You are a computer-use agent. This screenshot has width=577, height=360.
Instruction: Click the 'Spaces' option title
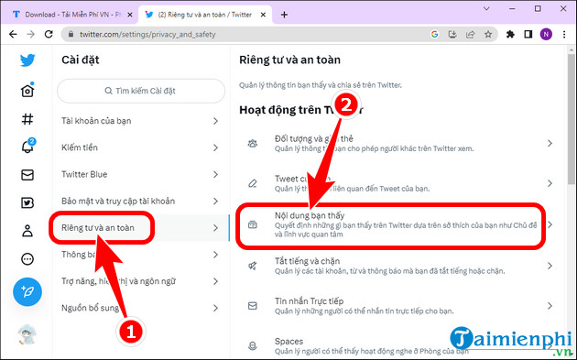click(290, 341)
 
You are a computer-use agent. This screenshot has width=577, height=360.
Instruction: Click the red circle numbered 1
click(130, 332)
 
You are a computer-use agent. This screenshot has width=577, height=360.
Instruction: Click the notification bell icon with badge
click(27, 147)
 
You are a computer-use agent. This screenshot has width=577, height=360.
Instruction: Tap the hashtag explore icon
click(27, 118)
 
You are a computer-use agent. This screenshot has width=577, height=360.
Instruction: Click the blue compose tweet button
click(27, 293)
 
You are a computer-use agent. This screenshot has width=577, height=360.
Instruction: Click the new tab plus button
click(284, 15)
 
